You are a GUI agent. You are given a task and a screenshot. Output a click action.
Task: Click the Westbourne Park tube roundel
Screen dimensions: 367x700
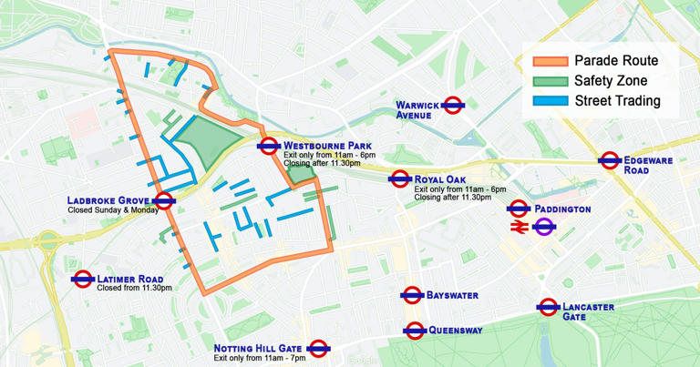pos(268,145)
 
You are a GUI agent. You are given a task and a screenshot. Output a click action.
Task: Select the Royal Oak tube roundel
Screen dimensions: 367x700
pos(399,179)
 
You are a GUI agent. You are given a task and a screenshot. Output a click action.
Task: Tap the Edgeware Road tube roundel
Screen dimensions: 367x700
pos(610,160)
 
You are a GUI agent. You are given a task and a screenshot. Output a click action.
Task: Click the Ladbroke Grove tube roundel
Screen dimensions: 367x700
pos(165,201)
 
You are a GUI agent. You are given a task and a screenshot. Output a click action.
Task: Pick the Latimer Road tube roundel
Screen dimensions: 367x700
pos(83,279)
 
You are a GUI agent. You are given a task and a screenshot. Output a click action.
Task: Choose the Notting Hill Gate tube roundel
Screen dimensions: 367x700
pos(318,348)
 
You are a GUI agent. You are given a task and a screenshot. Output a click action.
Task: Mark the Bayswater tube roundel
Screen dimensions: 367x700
pos(413,295)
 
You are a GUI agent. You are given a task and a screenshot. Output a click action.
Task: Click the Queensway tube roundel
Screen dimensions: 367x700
pos(415,330)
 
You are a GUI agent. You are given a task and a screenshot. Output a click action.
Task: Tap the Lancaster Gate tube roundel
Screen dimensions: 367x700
pos(548,308)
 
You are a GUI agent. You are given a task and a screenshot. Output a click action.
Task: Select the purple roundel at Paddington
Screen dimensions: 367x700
pos(544,228)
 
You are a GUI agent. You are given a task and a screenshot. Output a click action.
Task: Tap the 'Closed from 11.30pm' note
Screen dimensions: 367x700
pos(135,288)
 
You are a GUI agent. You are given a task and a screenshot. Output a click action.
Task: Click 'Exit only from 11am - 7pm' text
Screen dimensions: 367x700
pos(259,359)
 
